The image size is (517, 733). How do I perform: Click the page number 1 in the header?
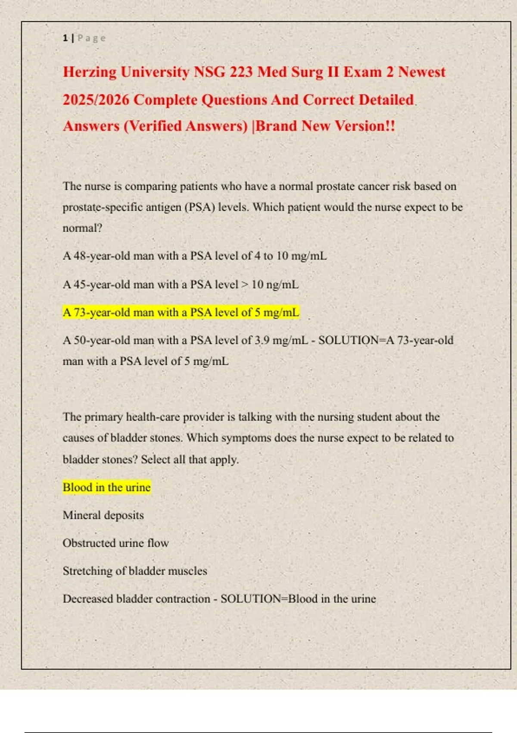tap(65, 38)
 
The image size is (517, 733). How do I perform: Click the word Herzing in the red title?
tap(90, 72)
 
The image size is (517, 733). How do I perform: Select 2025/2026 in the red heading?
tap(96, 100)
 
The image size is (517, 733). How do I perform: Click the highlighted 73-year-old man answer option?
tap(181, 313)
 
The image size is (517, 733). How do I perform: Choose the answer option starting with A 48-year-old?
tap(194, 256)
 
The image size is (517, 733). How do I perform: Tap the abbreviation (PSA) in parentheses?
tap(199, 207)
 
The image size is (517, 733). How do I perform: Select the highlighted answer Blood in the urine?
tap(106, 487)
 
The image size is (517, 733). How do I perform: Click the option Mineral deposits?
tap(103, 515)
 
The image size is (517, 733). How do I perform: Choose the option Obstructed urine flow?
tap(115, 543)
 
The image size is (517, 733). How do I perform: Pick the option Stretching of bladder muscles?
tap(134, 571)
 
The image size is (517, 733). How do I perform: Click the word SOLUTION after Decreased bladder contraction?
tap(250, 599)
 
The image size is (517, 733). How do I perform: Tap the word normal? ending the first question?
tap(82, 228)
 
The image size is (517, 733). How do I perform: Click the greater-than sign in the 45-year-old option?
tap(245, 285)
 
